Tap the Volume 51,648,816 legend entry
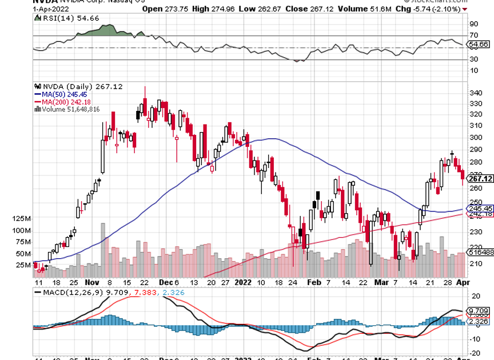pos(71,109)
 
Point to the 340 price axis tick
pos(475,93)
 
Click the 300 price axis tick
pos(475,138)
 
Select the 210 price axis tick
pos(475,263)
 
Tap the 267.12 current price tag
pos(480,179)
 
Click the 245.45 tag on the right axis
pos(480,209)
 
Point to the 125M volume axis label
pos(21,219)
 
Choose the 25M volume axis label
pos(22,265)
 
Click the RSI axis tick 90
pos(473,25)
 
